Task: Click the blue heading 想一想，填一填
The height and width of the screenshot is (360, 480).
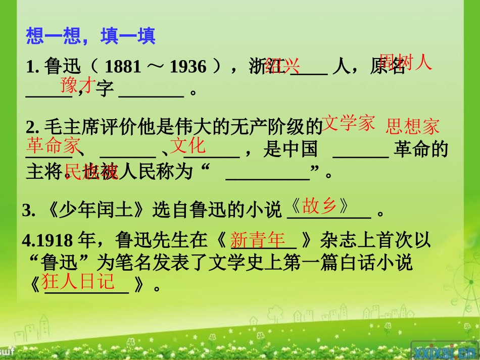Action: click(x=90, y=36)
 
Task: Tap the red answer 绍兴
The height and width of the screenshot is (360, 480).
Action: click(x=282, y=66)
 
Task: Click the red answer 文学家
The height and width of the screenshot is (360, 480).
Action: click(x=348, y=123)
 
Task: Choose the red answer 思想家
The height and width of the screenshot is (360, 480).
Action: click(x=412, y=126)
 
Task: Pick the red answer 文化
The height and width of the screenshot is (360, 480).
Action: click(x=188, y=145)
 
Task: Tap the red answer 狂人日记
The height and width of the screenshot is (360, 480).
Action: click(x=78, y=281)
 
